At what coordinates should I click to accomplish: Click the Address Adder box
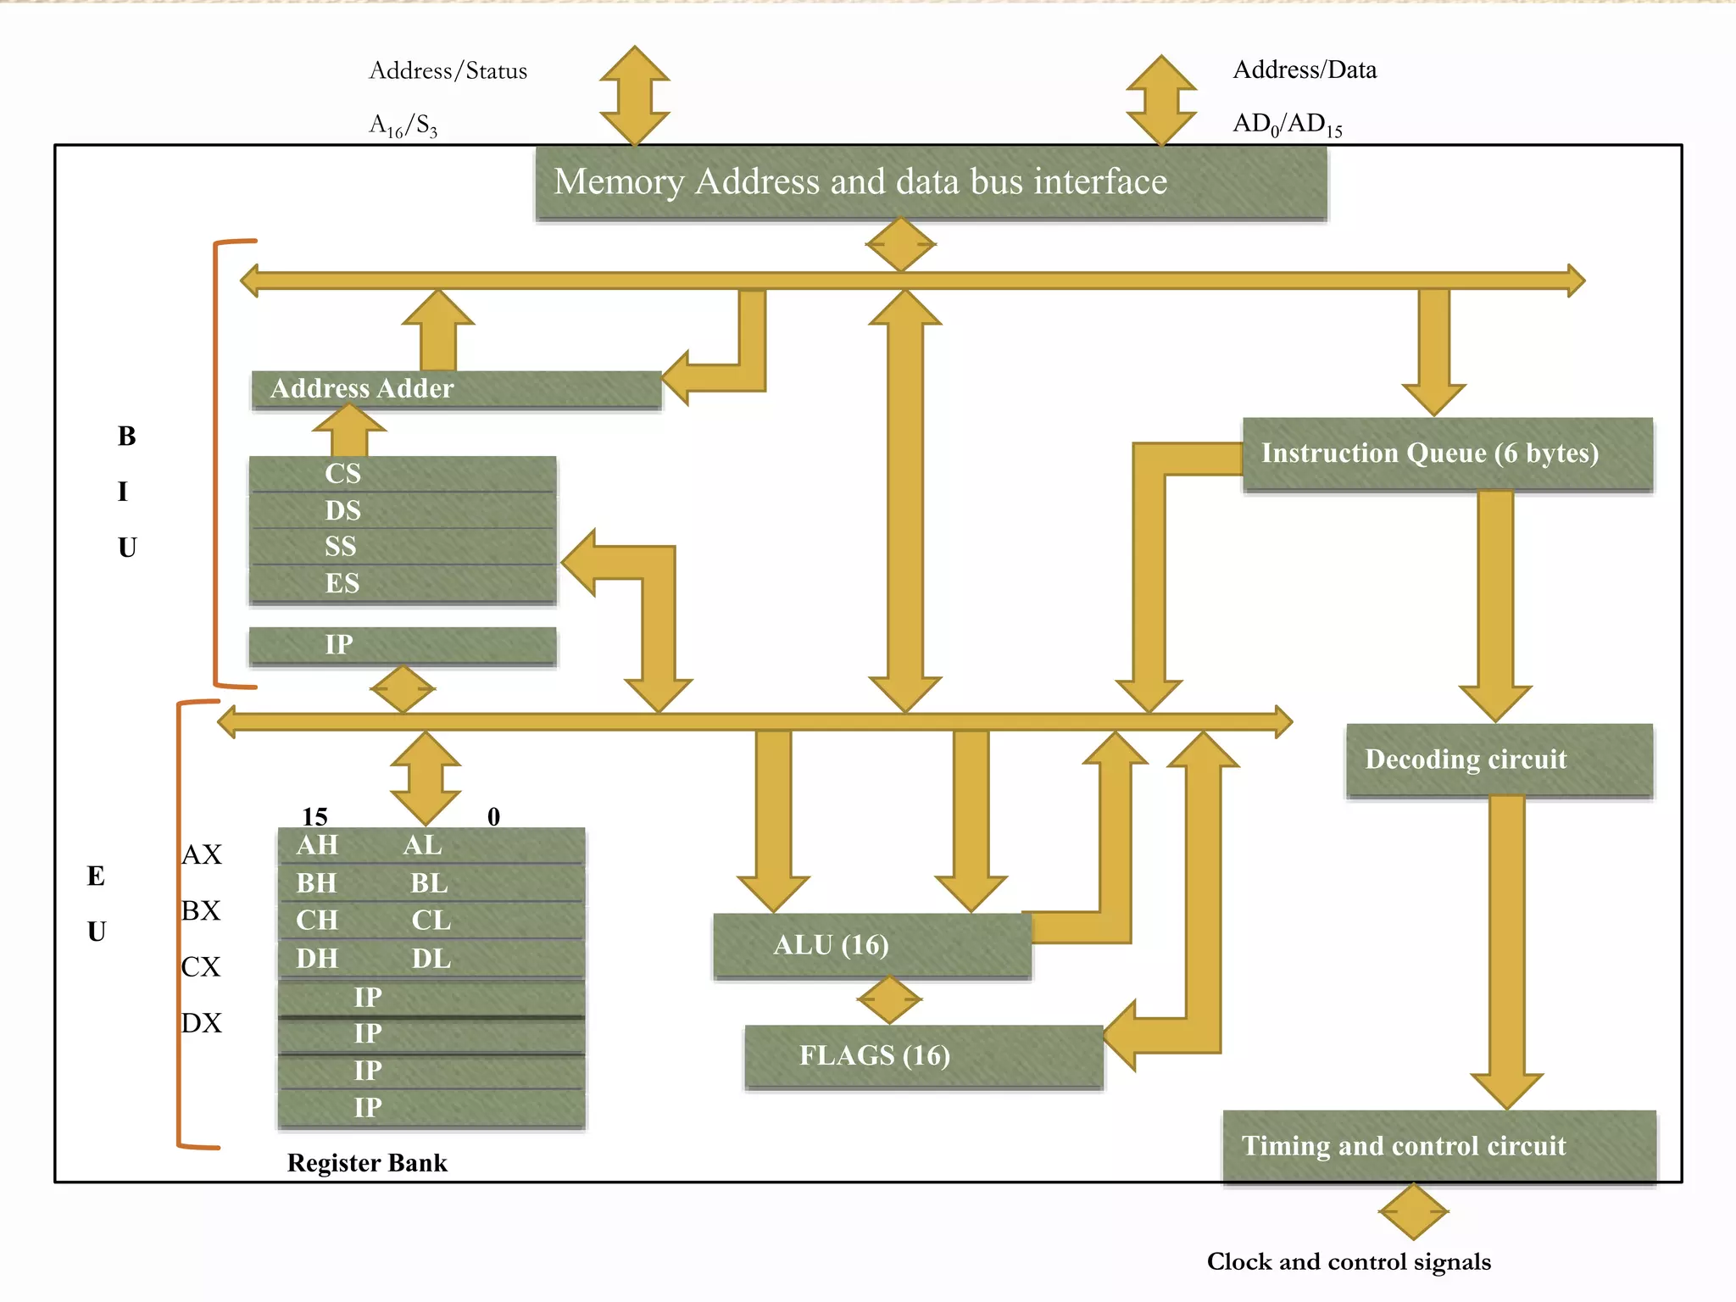(x=456, y=389)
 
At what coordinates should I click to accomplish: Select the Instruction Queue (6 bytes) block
(x=1447, y=453)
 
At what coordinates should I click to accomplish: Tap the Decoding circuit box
(x=1499, y=759)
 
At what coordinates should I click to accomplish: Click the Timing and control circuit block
(x=1438, y=1146)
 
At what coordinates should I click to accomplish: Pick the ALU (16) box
(x=871, y=945)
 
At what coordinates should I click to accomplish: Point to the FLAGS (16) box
(x=922, y=1056)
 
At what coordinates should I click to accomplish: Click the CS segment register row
(x=402, y=474)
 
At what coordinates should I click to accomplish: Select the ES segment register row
(x=402, y=584)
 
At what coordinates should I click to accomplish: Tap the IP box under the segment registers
(x=402, y=645)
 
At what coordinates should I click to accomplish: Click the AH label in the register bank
(x=317, y=846)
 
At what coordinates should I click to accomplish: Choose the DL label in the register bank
(x=431, y=959)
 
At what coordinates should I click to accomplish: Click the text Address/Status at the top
(x=448, y=71)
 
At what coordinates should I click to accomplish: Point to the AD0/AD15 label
(x=1287, y=125)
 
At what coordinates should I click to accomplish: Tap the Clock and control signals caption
(x=1348, y=1262)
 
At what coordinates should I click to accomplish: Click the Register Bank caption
(x=366, y=1163)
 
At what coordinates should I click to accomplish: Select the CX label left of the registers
(x=201, y=967)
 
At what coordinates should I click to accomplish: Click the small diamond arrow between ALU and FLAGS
(x=888, y=1000)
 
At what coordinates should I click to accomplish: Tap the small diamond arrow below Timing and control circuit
(x=1413, y=1212)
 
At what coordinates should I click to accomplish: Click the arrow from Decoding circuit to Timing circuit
(x=1506, y=949)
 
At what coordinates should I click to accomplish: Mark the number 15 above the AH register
(x=314, y=816)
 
